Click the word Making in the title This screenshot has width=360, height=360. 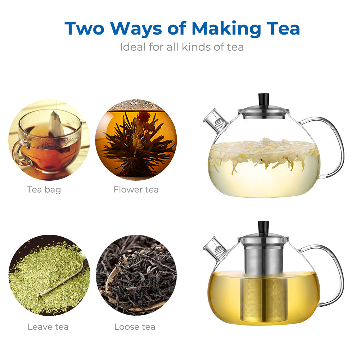click(226, 29)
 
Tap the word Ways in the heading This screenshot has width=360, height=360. click(136, 29)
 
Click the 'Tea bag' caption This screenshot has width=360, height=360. click(44, 190)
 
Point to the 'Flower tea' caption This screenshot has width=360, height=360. click(136, 190)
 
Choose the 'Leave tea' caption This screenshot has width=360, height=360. click(48, 327)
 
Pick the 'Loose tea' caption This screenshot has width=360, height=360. click(135, 327)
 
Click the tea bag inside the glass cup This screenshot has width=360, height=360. click(57, 129)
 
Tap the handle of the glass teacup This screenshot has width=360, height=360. click(18, 153)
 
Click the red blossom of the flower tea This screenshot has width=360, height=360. click(144, 116)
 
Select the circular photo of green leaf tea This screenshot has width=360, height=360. click(49, 275)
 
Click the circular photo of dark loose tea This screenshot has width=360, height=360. click(136, 275)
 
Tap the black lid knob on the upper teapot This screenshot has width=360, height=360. click(264, 99)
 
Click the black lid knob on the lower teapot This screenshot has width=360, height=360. click(264, 227)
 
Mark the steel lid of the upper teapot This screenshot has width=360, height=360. click(264, 112)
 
